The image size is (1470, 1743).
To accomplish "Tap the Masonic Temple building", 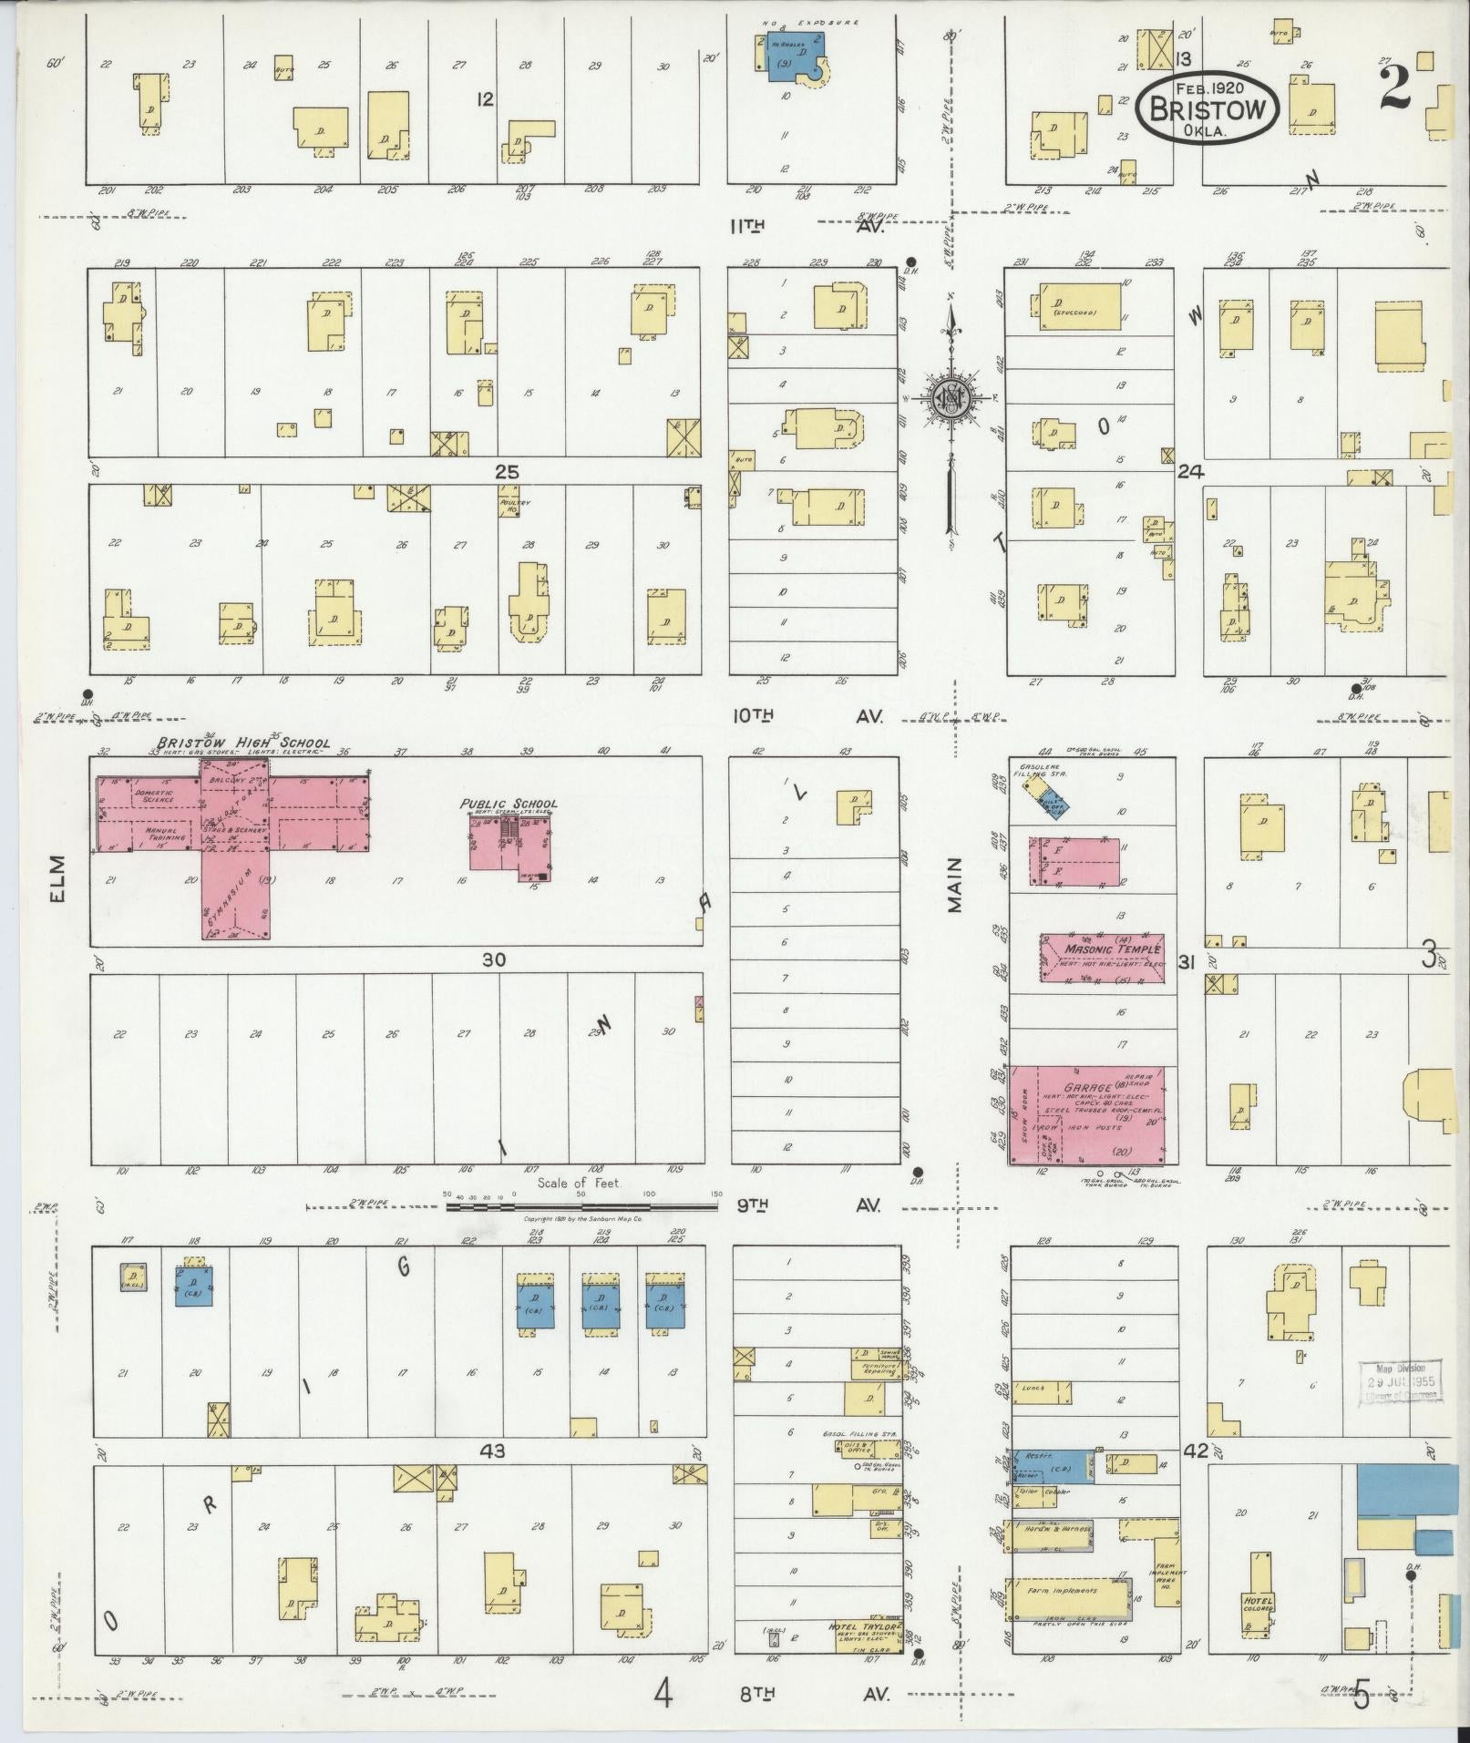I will (x=1102, y=957).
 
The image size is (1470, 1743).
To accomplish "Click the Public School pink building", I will (x=509, y=839).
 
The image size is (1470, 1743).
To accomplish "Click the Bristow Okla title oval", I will (x=1208, y=108).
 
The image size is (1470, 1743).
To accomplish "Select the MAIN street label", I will (x=954, y=890).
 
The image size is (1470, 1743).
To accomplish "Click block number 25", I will (x=507, y=471).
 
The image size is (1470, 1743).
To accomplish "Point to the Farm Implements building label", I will (x=1062, y=1591).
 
